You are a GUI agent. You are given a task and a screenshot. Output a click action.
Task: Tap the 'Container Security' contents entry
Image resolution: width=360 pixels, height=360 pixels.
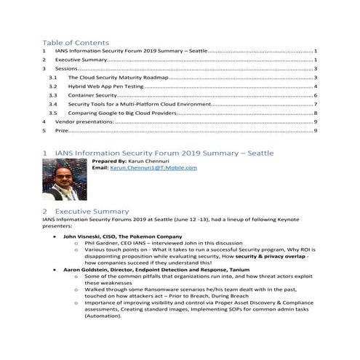pos(92,95)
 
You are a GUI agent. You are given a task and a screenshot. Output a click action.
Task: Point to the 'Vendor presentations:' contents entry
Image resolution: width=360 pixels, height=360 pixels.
pos(84,122)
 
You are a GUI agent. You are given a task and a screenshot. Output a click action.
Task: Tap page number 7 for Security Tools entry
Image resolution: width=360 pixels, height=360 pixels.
pos(315,104)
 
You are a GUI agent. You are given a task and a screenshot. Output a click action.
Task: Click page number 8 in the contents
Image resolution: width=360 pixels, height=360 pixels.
pos(315,113)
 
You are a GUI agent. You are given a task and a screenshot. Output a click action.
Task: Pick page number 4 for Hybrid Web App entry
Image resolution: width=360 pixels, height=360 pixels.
pos(315,86)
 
